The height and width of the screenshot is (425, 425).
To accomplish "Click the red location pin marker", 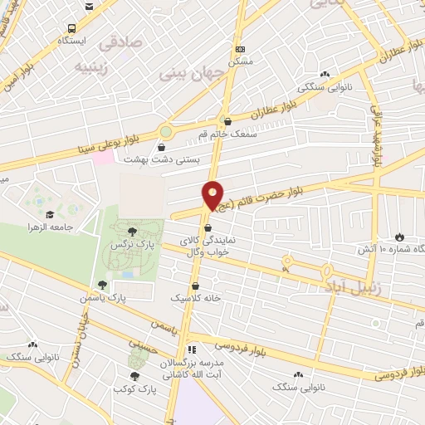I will point(213,196).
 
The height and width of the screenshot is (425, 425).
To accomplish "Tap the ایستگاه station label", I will point(74,40).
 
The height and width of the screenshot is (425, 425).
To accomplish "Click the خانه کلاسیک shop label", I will point(192,296).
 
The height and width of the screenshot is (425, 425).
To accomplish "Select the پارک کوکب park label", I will point(133,388).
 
